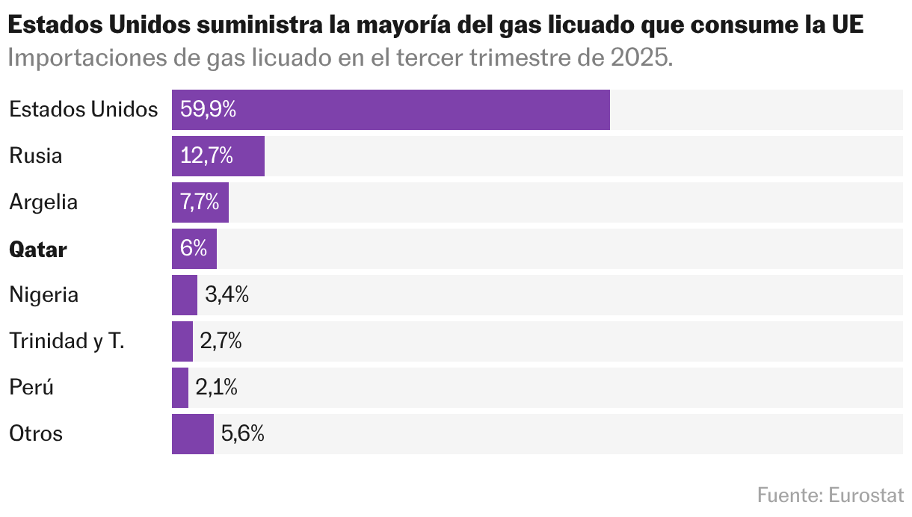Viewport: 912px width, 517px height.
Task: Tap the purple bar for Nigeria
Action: point(185,295)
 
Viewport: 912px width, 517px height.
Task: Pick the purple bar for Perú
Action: point(180,388)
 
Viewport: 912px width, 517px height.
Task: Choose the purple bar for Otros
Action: point(193,434)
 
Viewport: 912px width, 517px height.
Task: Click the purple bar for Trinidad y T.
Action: point(182,341)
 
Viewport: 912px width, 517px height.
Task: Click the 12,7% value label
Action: point(206,156)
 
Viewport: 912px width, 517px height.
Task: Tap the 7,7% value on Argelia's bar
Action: point(200,202)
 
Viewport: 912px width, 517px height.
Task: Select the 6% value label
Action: point(194,249)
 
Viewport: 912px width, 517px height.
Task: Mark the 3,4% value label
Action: point(227,295)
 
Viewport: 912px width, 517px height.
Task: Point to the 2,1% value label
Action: point(217,388)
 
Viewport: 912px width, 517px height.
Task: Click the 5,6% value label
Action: point(243,434)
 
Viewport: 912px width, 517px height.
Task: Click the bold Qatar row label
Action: point(38,250)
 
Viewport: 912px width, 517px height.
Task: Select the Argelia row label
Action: point(43,202)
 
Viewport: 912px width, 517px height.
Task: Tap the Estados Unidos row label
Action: point(84,110)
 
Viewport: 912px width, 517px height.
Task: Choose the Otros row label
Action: point(36,434)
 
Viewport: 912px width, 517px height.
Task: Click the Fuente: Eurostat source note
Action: point(830,495)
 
